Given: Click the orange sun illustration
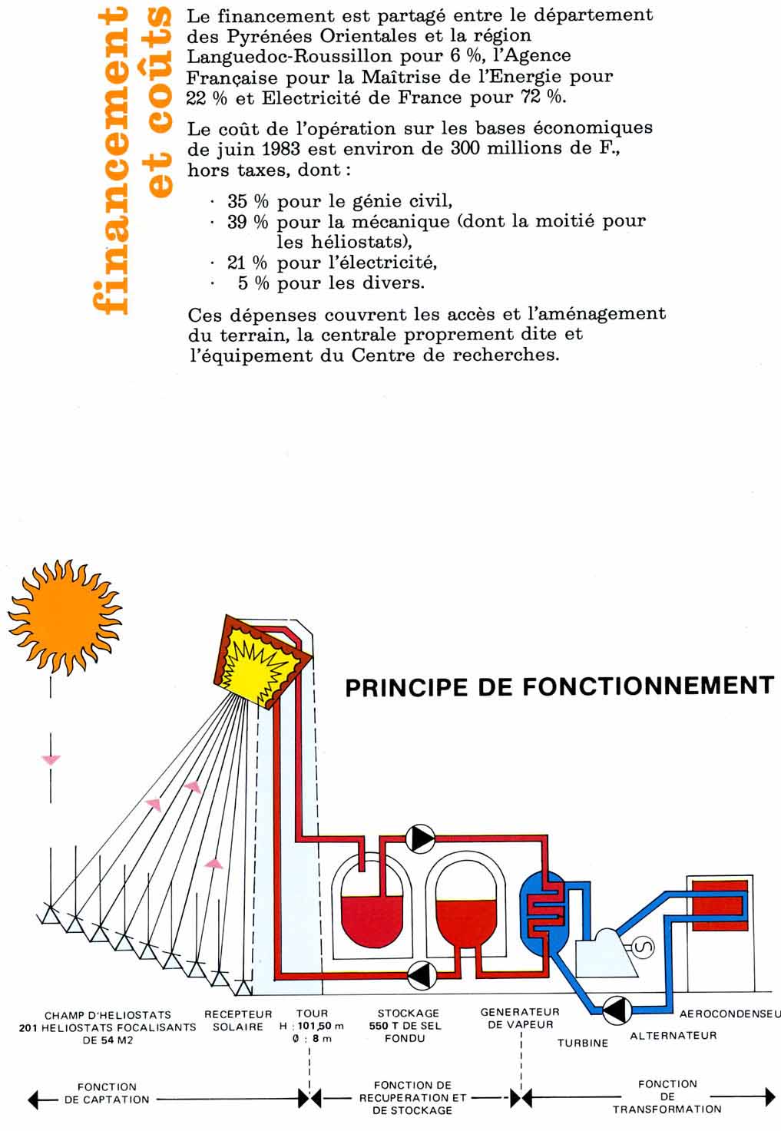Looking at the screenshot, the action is point(65,617).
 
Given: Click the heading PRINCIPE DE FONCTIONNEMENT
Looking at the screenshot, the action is point(559,686).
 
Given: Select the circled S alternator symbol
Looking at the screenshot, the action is point(643,947).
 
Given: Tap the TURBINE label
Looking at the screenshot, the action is point(583,1043).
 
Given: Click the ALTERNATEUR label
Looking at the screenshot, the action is point(673,1036).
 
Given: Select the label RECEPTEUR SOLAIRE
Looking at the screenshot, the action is point(238,1020).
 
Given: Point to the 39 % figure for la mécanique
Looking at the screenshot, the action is point(247,222).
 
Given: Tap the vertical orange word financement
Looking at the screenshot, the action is point(111,161).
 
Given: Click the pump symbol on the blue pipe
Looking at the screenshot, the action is point(617,1010).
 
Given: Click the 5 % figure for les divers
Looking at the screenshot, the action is point(253,283).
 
